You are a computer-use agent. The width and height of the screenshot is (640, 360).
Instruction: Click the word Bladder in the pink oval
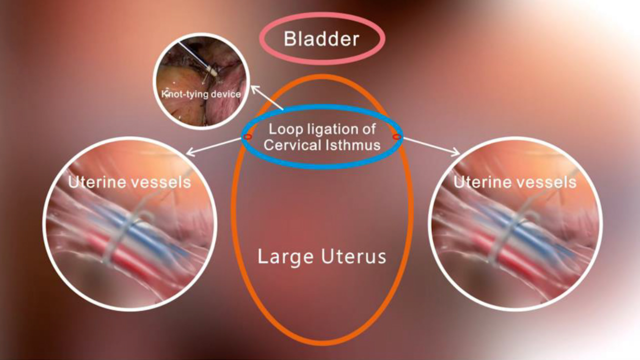tap(321, 38)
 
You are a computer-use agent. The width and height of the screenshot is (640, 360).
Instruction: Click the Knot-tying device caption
tap(200, 93)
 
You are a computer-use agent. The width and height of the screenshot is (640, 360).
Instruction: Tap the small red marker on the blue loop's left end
tap(247, 136)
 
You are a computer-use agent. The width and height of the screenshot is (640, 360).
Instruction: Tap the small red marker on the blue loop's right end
tap(397, 136)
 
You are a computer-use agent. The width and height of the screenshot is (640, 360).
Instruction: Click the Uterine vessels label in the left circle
tap(129, 182)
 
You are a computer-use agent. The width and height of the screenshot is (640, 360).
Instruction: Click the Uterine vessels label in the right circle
tap(514, 182)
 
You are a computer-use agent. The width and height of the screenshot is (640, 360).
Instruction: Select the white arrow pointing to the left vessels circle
tap(212, 146)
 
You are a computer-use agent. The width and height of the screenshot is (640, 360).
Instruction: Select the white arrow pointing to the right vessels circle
tap(431, 146)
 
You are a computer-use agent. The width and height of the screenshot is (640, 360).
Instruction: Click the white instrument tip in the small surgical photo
tap(212, 71)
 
